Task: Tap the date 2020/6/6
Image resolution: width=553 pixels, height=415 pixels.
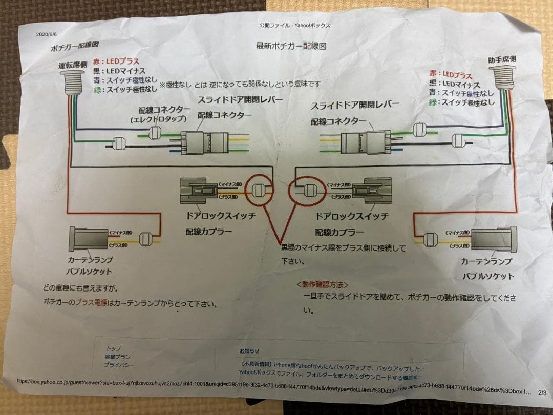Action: pyautogui.click(x=46, y=34)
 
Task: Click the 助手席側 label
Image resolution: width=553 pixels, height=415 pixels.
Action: pyautogui.click(x=501, y=59)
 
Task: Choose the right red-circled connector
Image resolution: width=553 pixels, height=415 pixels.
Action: pyautogui.click(x=308, y=192)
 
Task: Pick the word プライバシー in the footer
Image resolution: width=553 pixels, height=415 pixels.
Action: pyautogui.click(x=119, y=365)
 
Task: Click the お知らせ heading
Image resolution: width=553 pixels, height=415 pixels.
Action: pyautogui.click(x=249, y=351)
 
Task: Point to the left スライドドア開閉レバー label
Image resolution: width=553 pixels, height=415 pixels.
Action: pyautogui.click(x=239, y=99)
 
